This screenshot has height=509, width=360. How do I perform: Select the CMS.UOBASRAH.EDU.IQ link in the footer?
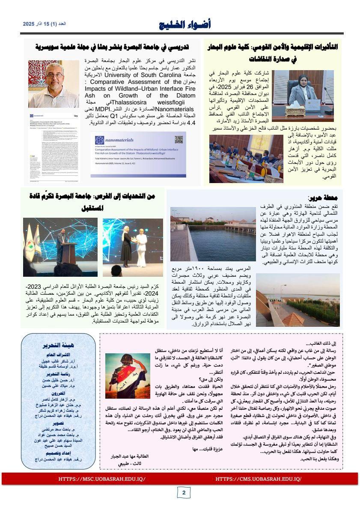(x=258, y=479)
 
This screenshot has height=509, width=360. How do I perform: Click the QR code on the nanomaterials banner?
(x=179, y=140)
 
